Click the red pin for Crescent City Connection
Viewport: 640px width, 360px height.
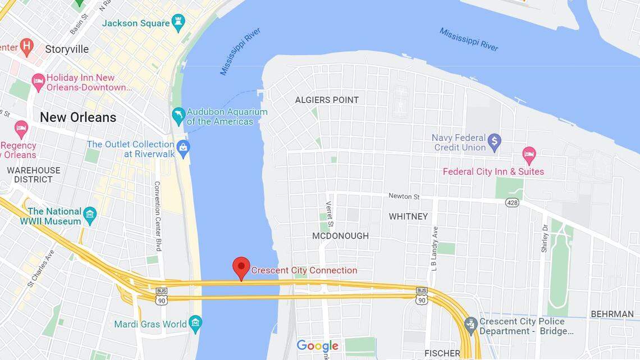coord(241,266)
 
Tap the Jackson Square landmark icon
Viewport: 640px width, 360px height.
coord(179,23)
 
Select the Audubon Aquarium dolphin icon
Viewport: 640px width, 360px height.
coord(179,116)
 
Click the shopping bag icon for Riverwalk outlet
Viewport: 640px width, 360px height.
coord(183,149)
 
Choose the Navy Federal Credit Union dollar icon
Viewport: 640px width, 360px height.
coord(494,142)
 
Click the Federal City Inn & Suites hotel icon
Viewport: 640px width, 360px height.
coord(528,155)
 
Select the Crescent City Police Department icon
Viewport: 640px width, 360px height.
coord(471,325)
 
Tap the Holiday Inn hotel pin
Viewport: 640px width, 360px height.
coord(38,82)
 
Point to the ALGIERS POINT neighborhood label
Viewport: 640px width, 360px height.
coord(327,100)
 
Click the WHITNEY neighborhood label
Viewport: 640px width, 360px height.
coord(408,216)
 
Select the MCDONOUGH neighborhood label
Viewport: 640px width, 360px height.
coord(340,236)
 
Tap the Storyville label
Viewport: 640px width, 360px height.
coord(67,49)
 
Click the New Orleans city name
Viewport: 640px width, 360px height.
coord(77,117)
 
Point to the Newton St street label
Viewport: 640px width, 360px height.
coord(404,196)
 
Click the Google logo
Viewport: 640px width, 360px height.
coord(317,346)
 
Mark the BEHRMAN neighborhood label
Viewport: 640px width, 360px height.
coord(612,314)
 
